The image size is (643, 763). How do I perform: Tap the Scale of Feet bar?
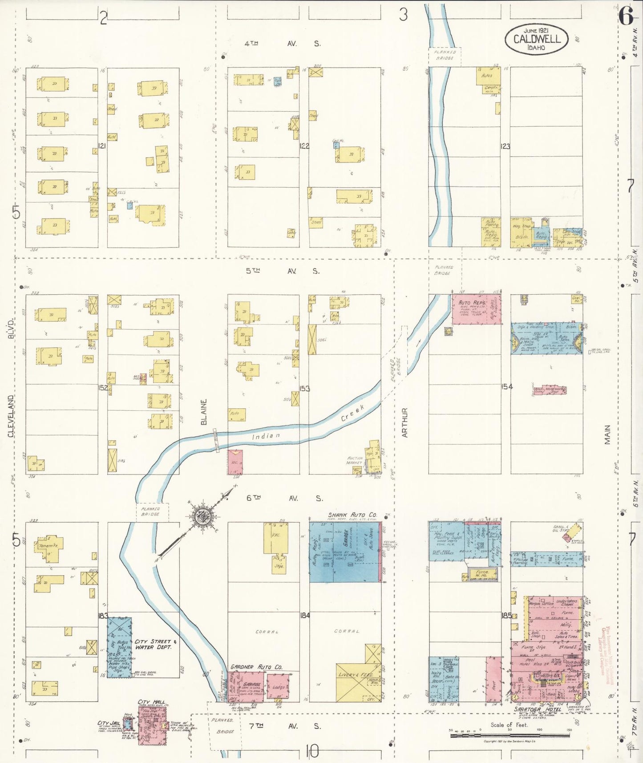[510, 735]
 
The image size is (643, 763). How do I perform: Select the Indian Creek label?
[307, 427]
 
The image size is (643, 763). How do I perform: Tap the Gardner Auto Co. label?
[256, 667]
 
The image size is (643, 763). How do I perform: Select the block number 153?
[304, 388]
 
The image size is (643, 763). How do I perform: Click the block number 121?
[102, 146]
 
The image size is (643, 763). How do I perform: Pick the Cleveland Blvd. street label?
[11, 378]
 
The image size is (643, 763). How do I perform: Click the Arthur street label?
[404, 422]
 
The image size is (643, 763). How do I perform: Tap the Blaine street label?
[204, 412]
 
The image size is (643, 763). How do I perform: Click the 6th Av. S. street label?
[285, 498]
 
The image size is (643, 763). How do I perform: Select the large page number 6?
[626, 17]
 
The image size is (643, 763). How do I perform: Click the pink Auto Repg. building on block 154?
[476, 308]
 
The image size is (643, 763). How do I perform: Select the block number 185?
[506, 616]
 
